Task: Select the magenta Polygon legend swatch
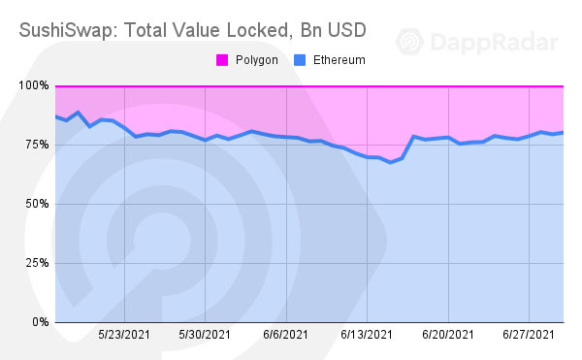click(x=219, y=60)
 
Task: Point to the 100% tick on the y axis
click(x=34, y=86)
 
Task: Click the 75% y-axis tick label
click(x=37, y=145)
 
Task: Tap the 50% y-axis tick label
click(x=37, y=204)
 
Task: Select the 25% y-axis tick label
click(x=37, y=263)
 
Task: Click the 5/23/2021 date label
click(x=123, y=335)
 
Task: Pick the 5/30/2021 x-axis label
click(x=205, y=335)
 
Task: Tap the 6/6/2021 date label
click(x=285, y=335)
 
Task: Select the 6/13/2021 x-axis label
click(x=366, y=335)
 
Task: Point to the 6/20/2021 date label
click(x=447, y=335)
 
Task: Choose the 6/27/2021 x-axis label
click(x=528, y=335)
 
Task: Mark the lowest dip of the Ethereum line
click(x=390, y=162)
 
